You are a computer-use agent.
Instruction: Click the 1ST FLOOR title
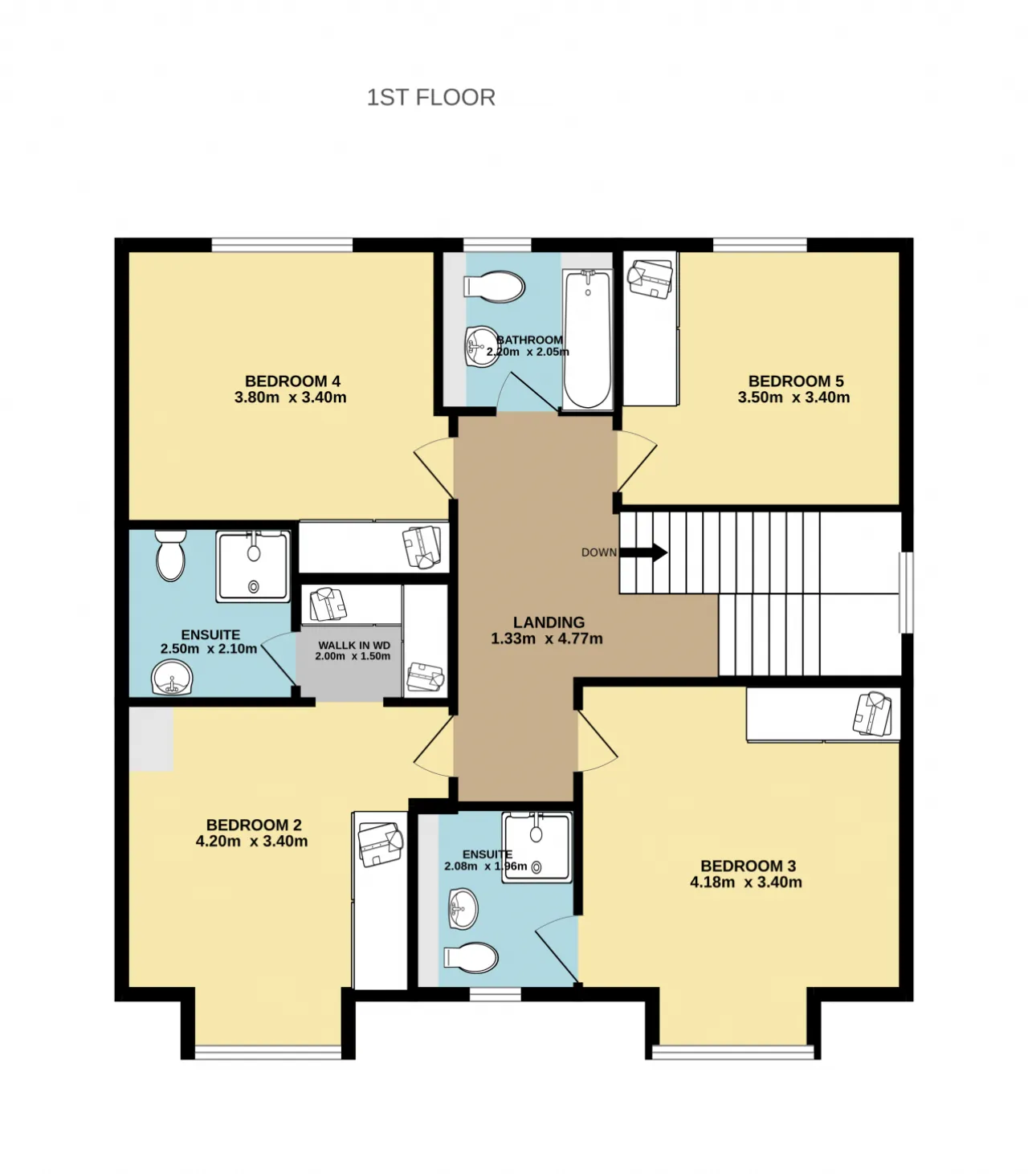coord(430,97)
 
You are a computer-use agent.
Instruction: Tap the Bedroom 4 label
coord(292,381)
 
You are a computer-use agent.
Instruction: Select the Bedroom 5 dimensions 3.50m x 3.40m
coord(794,397)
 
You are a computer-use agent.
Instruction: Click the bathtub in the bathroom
coord(587,340)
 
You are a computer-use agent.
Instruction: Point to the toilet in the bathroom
coord(494,287)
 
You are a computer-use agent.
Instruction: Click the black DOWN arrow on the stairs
coord(643,552)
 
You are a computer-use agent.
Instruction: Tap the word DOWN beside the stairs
coord(599,552)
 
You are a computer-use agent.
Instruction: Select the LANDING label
coord(549,622)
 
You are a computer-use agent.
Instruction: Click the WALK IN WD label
coord(354,646)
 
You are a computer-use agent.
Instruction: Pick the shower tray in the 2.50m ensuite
coord(253,566)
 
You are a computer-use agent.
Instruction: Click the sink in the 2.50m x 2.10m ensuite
coord(172,678)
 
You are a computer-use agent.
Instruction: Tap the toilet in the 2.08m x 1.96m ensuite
coord(471,958)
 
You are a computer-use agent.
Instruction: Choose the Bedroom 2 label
coord(254,825)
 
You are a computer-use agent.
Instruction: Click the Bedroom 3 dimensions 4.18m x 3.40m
coord(746,882)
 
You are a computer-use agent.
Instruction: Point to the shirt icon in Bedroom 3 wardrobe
coord(872,714)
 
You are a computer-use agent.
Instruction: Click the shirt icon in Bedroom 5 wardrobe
coord(650,279)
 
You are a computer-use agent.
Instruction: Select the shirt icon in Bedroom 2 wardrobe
coord(381,845)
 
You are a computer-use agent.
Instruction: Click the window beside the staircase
coord(906,593)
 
